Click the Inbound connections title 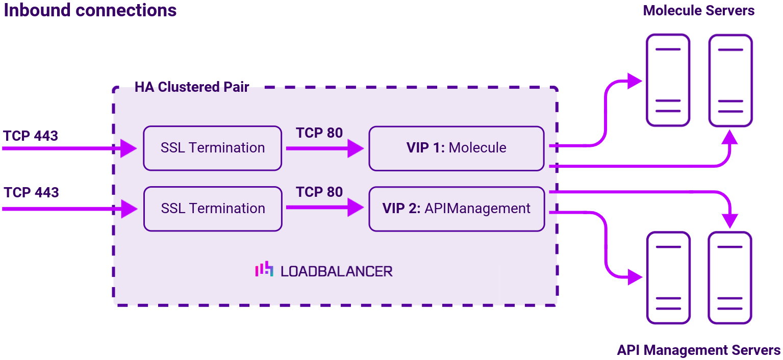90,10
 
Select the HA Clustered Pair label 192,87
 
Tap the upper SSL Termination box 212,148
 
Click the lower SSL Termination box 212,209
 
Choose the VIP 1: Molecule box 456,148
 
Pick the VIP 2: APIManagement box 456,209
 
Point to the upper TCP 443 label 31,136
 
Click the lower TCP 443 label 31,193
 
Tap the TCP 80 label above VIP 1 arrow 319,133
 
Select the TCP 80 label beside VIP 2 319,192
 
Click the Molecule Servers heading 698,11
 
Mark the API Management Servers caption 698,350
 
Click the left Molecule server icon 668,80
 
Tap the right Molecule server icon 730,80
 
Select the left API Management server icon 668,277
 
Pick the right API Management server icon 730,277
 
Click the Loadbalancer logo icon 264,270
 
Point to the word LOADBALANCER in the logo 337,271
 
